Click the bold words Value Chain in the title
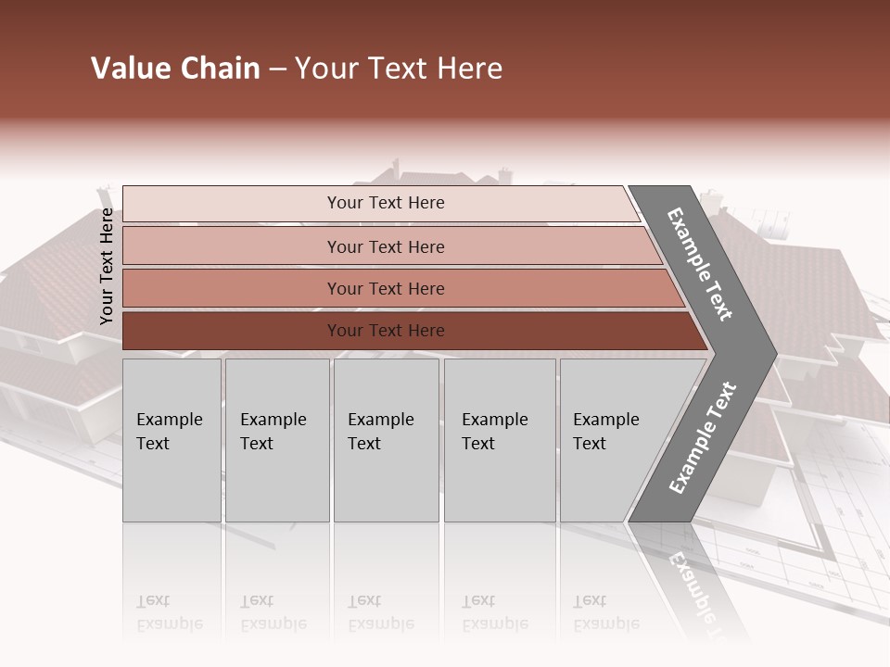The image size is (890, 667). point(175,69)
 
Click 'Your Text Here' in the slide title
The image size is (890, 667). point(399,69)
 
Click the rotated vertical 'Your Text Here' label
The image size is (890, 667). point(107,266)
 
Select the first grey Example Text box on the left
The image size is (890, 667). point(172,440)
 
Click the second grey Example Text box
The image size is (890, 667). point(277,440)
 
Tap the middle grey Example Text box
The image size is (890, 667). point(386,440)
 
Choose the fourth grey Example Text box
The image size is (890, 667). point(500,440)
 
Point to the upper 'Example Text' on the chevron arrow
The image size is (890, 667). point(700,264)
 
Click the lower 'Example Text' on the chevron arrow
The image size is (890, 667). point(703,437)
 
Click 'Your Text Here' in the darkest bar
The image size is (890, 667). point(386,331)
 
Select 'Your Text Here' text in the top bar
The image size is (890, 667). point(386,203)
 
